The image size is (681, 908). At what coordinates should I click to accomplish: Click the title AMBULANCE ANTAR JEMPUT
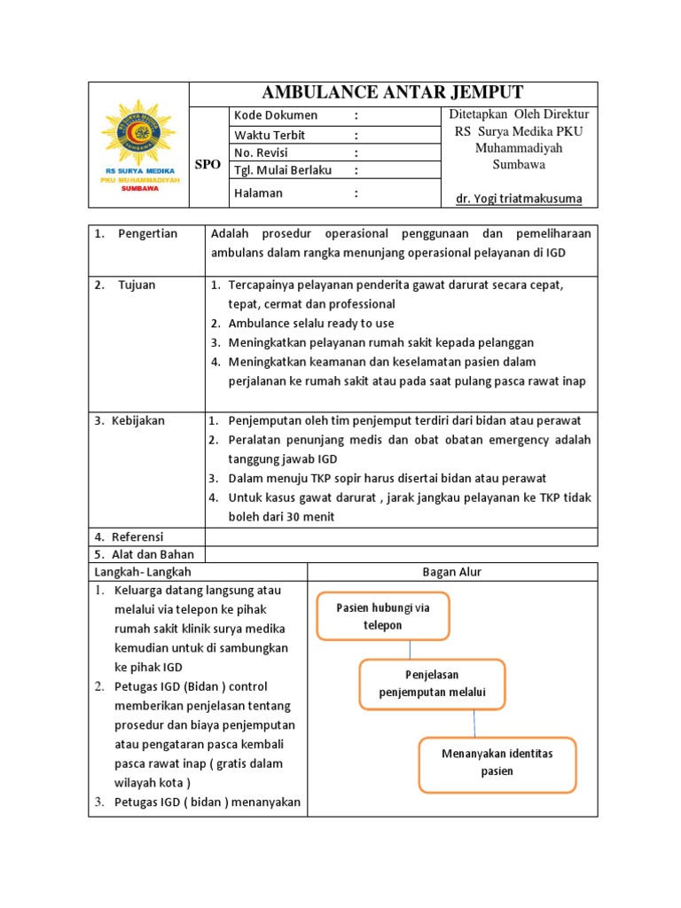394,93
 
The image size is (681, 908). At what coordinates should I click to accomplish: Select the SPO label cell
207,165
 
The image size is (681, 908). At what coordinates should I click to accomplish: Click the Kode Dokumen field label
275,115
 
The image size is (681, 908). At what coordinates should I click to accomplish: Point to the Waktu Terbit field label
270,135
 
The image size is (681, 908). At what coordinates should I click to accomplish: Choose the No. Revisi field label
262,153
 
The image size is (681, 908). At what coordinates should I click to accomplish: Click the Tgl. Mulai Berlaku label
282,170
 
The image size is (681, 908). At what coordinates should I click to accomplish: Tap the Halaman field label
258,192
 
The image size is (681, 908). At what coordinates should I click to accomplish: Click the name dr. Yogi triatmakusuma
519,199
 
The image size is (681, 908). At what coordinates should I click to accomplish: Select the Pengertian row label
147,233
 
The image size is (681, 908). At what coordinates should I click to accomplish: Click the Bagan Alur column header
452,572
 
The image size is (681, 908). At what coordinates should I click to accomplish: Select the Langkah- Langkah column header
142,572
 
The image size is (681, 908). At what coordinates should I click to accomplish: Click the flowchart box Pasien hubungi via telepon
383,615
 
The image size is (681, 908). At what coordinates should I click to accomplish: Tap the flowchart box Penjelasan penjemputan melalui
432,684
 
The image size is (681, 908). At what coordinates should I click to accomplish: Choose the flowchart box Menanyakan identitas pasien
497,763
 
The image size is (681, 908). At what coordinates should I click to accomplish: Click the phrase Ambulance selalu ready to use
311,323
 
